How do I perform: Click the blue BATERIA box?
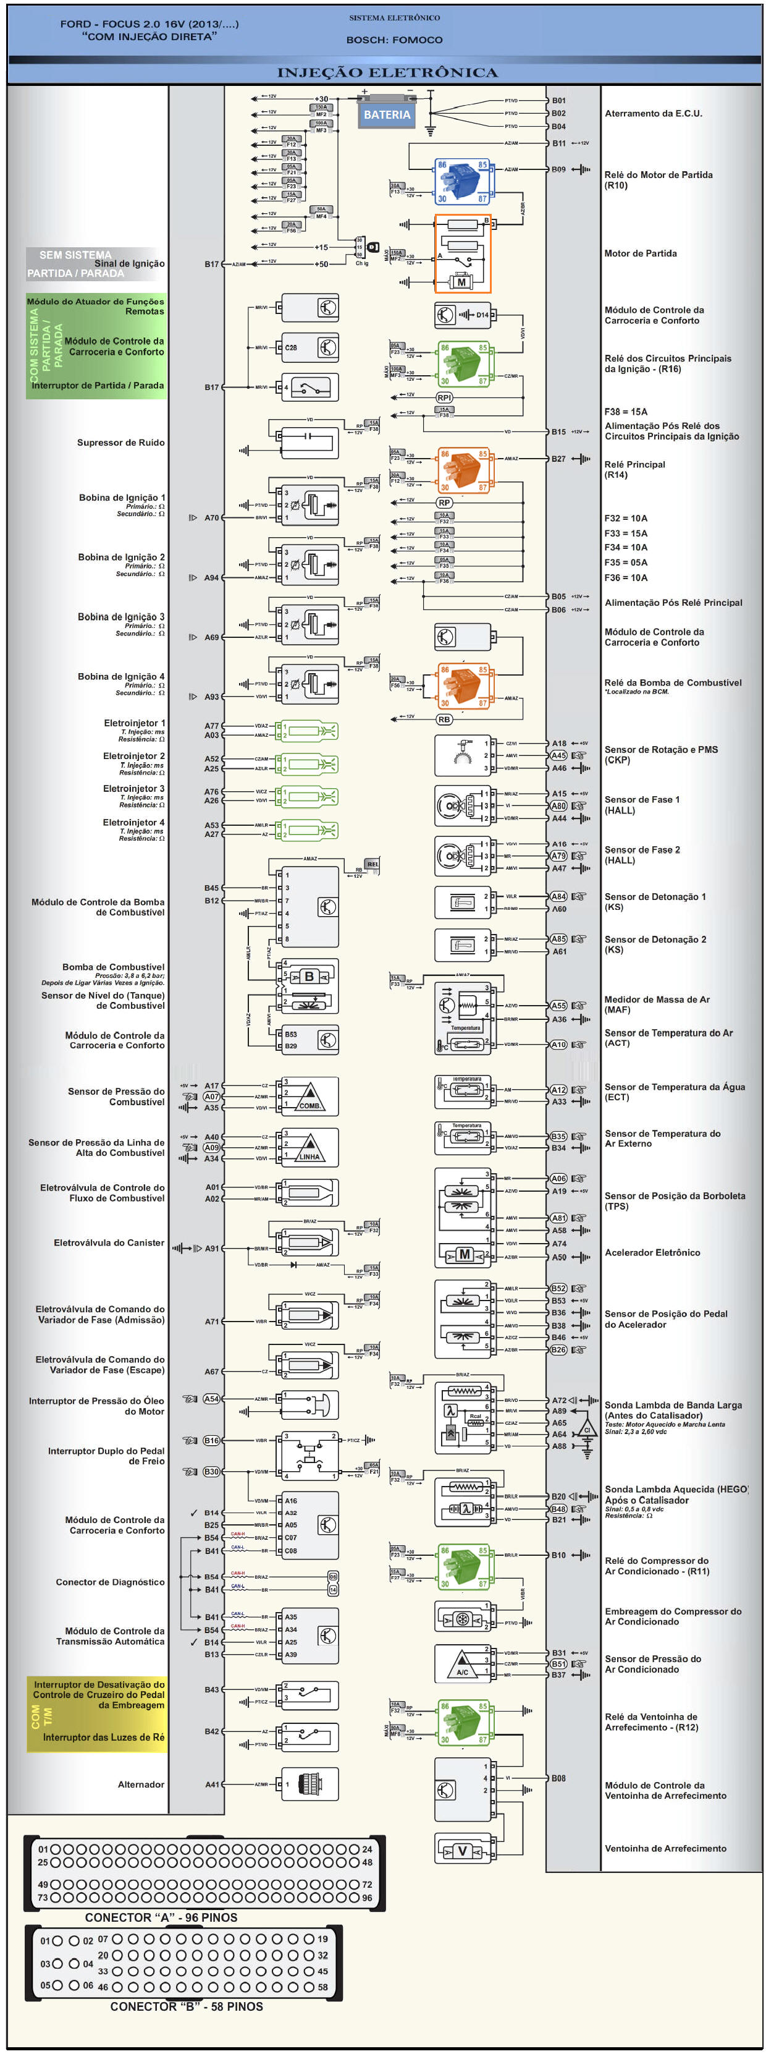point(386,115)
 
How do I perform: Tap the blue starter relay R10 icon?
point(462,181)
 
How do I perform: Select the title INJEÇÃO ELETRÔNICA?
point(387,73)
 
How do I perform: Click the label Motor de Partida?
point(640,253)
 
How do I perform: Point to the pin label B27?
point(558,459)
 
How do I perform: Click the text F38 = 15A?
point(626,412)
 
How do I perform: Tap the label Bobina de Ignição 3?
point(120,617)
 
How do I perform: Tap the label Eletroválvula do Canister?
point(109,1243)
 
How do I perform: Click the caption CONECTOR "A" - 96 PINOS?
point(161,1918)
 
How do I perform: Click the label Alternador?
point(141,1785)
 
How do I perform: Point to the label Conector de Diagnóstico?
point(110,1582)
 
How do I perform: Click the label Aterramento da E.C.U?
point(653,114)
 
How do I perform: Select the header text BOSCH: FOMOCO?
point(394,40)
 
